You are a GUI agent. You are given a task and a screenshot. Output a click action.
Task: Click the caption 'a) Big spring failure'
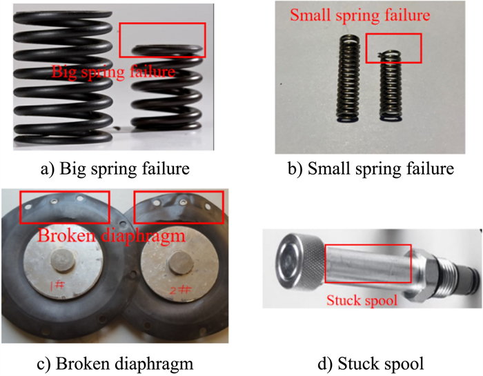pos(115,169)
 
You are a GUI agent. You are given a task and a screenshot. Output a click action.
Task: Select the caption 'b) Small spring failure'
pos(371,169)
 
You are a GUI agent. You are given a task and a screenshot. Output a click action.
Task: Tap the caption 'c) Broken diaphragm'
pos(115,364)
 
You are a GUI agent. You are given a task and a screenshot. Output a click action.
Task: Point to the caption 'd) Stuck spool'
pos(371,364)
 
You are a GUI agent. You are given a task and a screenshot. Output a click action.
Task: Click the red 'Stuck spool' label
pos(362,300)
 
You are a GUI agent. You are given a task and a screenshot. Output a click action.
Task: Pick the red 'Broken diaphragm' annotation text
pos(111,236)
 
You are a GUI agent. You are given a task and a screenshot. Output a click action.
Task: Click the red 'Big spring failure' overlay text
pos(113,72)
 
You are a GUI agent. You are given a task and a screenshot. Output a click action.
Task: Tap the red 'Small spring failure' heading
pos(359,14)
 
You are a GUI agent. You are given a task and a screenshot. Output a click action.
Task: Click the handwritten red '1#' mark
pos(57,285)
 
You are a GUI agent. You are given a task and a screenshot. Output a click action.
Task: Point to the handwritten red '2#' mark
pos(180,290)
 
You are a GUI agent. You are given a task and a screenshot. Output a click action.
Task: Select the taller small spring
pos(348,79)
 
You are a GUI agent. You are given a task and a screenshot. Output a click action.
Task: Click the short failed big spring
pos(167,88)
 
